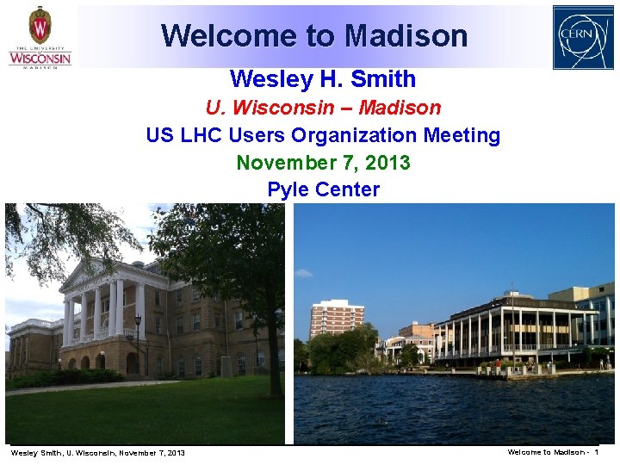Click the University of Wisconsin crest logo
[x=40, y=26]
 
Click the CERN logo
[x=583, y=37]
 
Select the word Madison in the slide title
[x=406, y=35]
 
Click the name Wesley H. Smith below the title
[x=323, y=79]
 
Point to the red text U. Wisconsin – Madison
[x=323, y=108]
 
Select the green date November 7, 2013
[x=323, y=163]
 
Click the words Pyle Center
[x=323, y=189]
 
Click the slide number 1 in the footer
[x=596, y=452]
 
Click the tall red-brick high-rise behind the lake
[x=336, y=318]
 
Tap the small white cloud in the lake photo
[x=303, y=274]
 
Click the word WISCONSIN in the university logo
[x=40, y=58]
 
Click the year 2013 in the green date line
[x=388, y=163]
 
